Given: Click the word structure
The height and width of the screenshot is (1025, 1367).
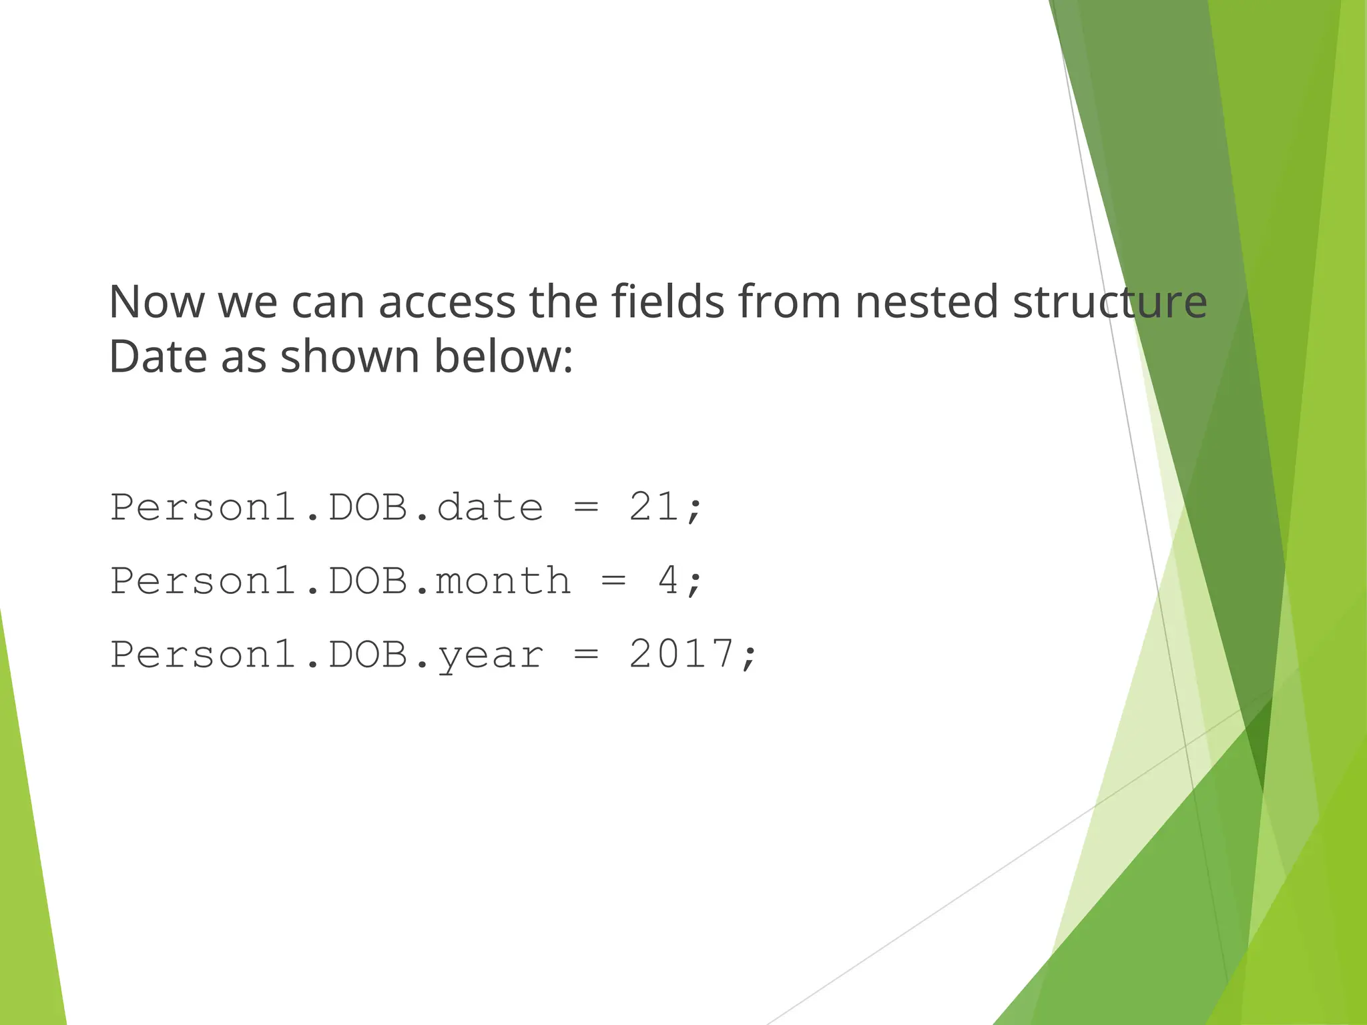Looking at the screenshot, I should pyautogui.click(x=1109, y=302).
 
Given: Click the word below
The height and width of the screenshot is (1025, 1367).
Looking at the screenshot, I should pyautogui.click(x=503, y=356).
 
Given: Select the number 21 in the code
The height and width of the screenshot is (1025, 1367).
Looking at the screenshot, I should pyautogui.click(x=654, y=507).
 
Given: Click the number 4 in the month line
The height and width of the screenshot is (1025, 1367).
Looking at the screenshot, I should pyautogui.click(x=668, y=581).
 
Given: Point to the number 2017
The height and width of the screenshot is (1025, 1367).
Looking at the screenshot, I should pyautogui.click(x=681, y=654).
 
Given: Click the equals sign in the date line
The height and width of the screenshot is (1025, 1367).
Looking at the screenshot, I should pyautogui.click(x=586, y=508).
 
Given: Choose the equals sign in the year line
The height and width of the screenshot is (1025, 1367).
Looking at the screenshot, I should pyautogui.click(x=586, y=655).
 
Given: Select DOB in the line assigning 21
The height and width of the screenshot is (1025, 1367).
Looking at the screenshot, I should pyautogui.click(x=368, y=507).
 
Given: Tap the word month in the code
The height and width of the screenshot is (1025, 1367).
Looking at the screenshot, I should pyautogui.click(x=503, y=581).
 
